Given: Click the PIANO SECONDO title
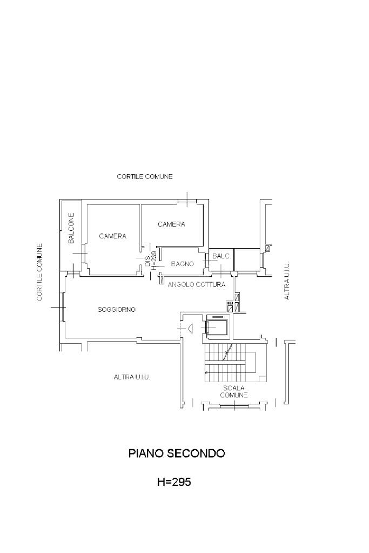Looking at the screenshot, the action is tap(177, 453).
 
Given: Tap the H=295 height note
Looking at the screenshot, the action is tap(174, 482).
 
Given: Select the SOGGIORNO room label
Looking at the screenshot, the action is tap(116, 309).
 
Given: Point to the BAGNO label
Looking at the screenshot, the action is tap(182, 263).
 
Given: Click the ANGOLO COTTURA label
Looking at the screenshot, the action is tap(196, 285).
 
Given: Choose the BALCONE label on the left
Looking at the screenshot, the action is tap(71, 228).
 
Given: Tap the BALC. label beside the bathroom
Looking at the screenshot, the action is tap(222, 256).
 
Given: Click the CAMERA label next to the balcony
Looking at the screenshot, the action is tap(113, 236).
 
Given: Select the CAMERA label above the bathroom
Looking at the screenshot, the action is tap(171, 224).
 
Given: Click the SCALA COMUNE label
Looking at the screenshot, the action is tap(234, 391).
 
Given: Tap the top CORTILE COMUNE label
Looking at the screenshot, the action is tap(145, 176).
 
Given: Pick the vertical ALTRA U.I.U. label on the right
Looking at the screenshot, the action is tap(287, 281).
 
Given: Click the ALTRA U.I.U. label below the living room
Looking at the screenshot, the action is tap(132, 377).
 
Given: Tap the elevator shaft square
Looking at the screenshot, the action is tap(217, 327).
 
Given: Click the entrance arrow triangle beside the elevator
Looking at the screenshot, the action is tap(190, 329).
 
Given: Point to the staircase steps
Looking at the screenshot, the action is tap(234, 363).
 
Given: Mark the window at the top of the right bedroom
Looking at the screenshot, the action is tap(187, 202).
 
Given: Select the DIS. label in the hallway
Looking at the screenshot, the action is tap(147, 261).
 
